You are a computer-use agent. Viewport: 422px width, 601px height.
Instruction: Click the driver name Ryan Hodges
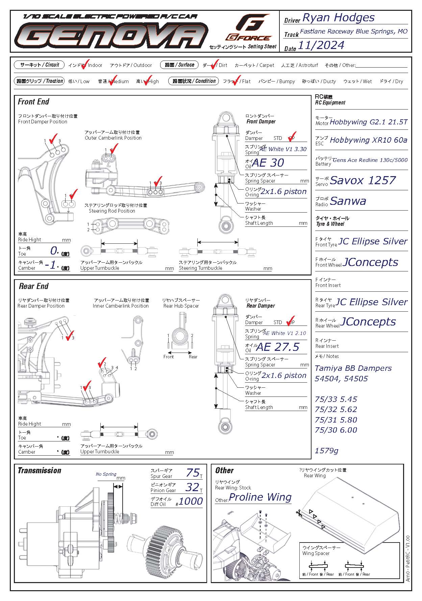[338, 18]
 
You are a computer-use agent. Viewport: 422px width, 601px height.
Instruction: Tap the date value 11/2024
[321, 45]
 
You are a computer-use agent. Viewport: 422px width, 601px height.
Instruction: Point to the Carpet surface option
[254, 65]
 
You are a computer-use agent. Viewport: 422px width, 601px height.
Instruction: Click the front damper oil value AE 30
[268, 163]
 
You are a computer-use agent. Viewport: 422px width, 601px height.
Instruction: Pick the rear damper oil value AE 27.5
[278, 347]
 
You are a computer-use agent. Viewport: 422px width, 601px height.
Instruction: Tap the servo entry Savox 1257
[363, 181]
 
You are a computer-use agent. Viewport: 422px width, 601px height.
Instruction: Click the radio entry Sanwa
[348, 201]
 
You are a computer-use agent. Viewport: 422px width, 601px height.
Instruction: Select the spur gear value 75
[193, 472]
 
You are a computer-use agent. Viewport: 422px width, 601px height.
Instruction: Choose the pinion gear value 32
[192, 487]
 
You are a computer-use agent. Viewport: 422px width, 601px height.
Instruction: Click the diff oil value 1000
[191, 501]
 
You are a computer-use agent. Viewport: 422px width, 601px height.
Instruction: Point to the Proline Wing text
[260, 497]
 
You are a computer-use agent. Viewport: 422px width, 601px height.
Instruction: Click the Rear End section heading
[33, 286]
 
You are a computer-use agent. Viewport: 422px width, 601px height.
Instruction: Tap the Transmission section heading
[40, 471]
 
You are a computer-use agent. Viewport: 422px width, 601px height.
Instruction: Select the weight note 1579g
[326, 451]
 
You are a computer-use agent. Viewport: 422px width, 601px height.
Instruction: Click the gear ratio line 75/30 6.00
[336, 430]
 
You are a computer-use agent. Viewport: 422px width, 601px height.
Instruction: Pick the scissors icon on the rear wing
[299, 513]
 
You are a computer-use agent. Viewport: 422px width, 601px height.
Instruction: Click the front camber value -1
[52, 265]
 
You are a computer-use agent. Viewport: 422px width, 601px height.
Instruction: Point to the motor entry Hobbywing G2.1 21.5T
[368, 122]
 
